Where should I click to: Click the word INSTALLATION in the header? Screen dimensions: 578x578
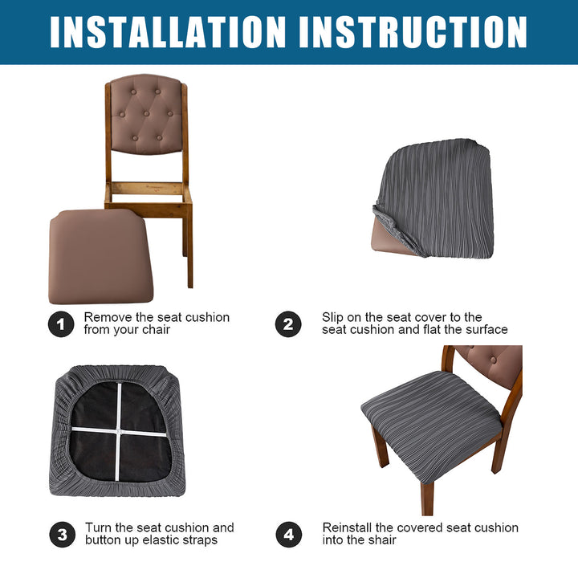(x=168, y=32)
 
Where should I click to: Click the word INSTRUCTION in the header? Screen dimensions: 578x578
(x=413, y=32)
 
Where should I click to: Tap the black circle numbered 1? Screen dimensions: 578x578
(x=61, y=324)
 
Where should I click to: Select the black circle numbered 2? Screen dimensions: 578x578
(x=288, y=324)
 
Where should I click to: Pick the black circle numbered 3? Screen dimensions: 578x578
(x=62, y=534)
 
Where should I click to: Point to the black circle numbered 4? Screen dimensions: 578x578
(x=289, y=534)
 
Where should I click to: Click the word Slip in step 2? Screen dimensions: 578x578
(x=332, y=318)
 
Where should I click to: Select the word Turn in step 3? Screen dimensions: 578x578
(x=98, y=527)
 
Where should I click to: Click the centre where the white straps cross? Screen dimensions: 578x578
(x=118, y=431)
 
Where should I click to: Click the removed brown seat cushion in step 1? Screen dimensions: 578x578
(x=100, y=256)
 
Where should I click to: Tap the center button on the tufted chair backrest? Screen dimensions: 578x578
(x=146, y=113)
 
